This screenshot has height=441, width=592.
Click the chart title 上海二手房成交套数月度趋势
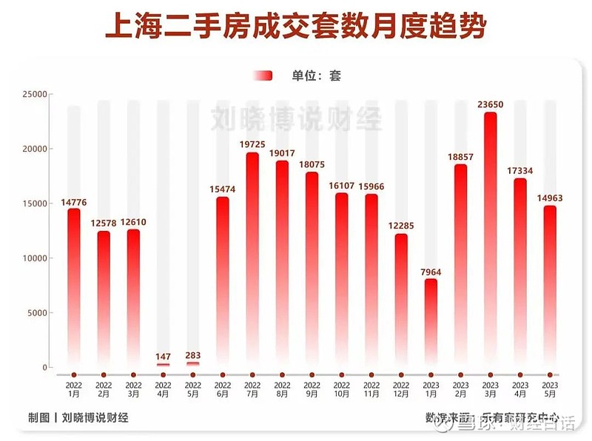(296, 27)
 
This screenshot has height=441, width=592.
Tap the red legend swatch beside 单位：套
(263, 75)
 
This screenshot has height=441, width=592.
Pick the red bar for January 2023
(431, 326)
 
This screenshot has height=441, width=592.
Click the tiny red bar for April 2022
(163, 365)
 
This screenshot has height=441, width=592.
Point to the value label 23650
(490, 104)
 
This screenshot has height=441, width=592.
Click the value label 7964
(431, 271)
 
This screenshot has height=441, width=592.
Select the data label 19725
(252, 144)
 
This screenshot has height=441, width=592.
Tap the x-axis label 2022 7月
(252, 390)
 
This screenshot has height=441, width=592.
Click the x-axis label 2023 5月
(549, 390)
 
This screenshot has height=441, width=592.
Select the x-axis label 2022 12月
(400, 390)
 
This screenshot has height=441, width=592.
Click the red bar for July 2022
(252, 259)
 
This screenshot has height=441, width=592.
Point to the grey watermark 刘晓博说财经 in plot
(296, 118)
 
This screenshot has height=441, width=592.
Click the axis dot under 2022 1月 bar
(73, 375)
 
